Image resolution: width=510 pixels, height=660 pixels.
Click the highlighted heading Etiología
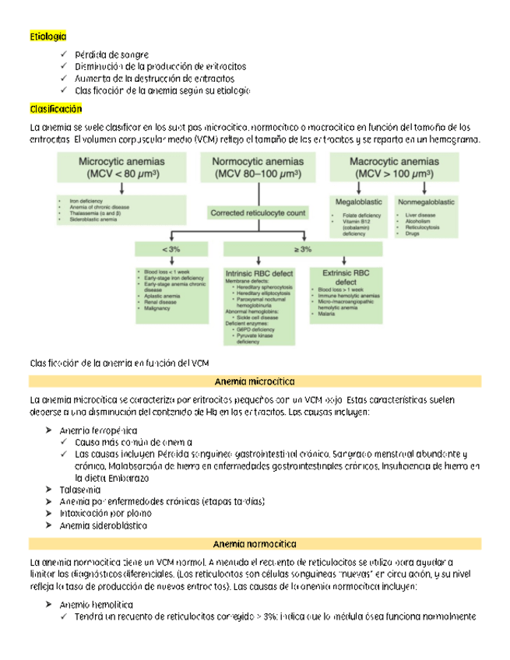pos(47,37)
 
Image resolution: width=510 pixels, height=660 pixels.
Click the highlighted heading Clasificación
pos(55,107)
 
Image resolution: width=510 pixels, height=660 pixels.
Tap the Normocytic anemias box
pos(258,167)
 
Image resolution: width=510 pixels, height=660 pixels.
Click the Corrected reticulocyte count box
pos(257,211)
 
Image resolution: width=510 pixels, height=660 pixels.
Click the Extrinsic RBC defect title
pos(342,278)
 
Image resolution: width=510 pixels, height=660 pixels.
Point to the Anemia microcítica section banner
pos(255,382)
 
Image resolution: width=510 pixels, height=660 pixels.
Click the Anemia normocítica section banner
pos(255,542)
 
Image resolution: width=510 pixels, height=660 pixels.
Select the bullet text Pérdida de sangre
pos(107,55)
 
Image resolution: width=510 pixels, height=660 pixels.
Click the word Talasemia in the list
pos(79,490)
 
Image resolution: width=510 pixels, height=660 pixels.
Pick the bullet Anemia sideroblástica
pos(103,525)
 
